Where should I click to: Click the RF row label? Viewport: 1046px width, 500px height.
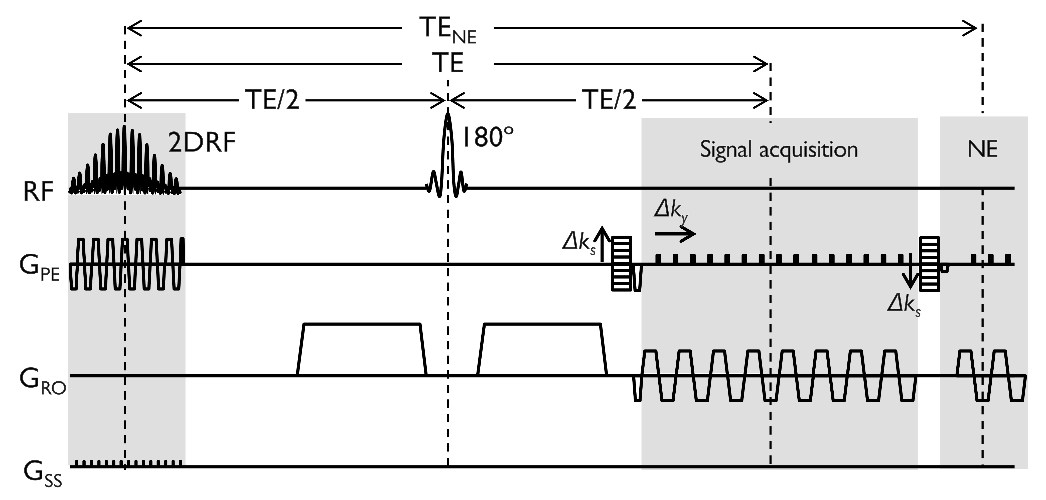(38, 192)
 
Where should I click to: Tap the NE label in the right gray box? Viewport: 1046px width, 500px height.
(982, 149)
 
